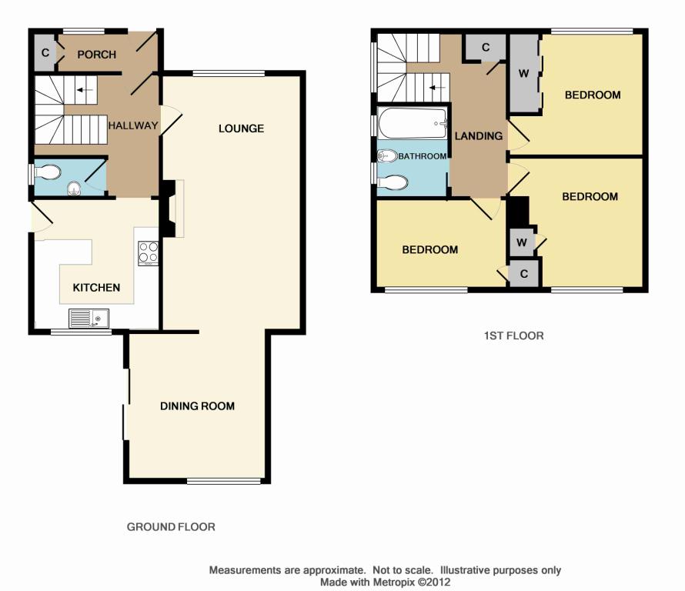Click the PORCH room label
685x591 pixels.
[96, 55]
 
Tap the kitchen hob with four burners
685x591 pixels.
[148, 253]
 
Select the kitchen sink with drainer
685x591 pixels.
[89, 318]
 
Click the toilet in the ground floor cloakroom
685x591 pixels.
[47, 172]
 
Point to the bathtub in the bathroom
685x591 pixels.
[413, 123]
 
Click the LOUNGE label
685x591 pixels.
[241, 129]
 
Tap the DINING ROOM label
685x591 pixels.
[198, 406]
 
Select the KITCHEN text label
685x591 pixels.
[96, 287]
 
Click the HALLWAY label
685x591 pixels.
[133, 125]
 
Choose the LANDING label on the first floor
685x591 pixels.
[479, 136]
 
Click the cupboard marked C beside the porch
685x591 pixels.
[45, 53]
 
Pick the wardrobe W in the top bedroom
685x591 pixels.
[524, 74]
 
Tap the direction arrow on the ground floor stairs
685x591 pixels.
[85, 90]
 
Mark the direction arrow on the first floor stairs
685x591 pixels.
[438, 88]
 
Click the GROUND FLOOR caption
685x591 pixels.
[171, 527]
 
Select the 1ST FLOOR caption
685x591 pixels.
[514, 336]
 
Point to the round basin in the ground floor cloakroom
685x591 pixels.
[75, 189]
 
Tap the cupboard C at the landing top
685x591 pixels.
[486, 47]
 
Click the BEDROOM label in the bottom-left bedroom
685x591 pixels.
[430, 249]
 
